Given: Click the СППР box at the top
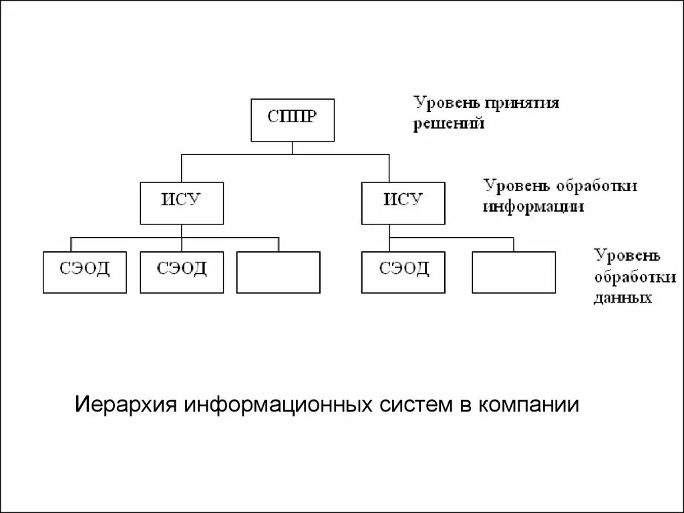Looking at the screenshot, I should (x=292, y=120).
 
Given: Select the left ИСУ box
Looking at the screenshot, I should (x=182, y=202).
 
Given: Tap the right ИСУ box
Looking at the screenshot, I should (x=403, y=202).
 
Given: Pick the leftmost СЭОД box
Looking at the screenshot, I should (x=85, y=272).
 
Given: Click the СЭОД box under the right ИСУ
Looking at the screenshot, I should (x=403, y=272).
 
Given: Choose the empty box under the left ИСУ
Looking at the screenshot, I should (x=278, y=272).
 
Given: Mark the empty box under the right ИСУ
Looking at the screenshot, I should (x=513, y=272).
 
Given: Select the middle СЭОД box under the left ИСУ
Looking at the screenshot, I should (x=182, y=272).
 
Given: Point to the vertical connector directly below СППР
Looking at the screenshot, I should (x=292, y=148).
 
